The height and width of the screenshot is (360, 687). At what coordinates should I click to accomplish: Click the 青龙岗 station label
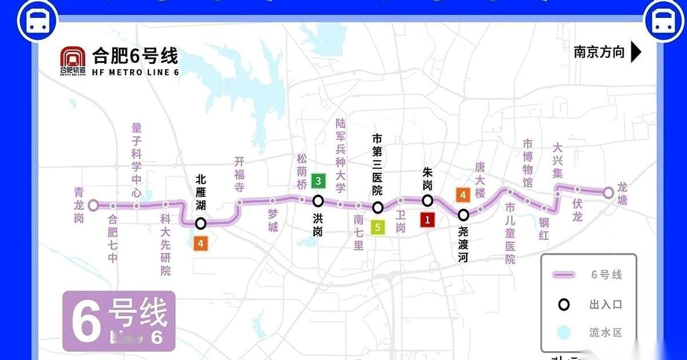(79, 205)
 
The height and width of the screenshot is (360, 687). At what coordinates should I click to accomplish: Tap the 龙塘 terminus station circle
(609, 193)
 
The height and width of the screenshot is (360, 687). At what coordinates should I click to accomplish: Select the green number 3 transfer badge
(318, 183)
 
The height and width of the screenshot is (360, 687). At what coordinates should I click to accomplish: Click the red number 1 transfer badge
(427, 219)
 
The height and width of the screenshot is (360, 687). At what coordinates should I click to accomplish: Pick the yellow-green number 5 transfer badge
(377, 227)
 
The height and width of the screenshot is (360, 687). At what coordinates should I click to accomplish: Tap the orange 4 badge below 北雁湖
(200, 243)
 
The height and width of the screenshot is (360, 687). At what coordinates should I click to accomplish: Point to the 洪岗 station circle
(318, 201)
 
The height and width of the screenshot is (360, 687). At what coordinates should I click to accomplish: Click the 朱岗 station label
(427, 177)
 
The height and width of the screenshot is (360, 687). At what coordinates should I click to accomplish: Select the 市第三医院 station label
(377, 165)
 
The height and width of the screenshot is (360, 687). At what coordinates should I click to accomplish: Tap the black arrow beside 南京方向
(635, 52)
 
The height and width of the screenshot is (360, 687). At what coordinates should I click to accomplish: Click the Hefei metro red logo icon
(73, 59)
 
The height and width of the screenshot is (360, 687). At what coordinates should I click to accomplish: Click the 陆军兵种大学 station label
(341, 155)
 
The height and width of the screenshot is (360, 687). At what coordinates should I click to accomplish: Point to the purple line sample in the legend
(567, 275)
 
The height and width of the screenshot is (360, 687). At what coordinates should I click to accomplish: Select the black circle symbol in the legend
(564, 304)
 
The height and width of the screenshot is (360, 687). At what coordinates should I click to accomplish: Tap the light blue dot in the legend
(564, 333)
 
